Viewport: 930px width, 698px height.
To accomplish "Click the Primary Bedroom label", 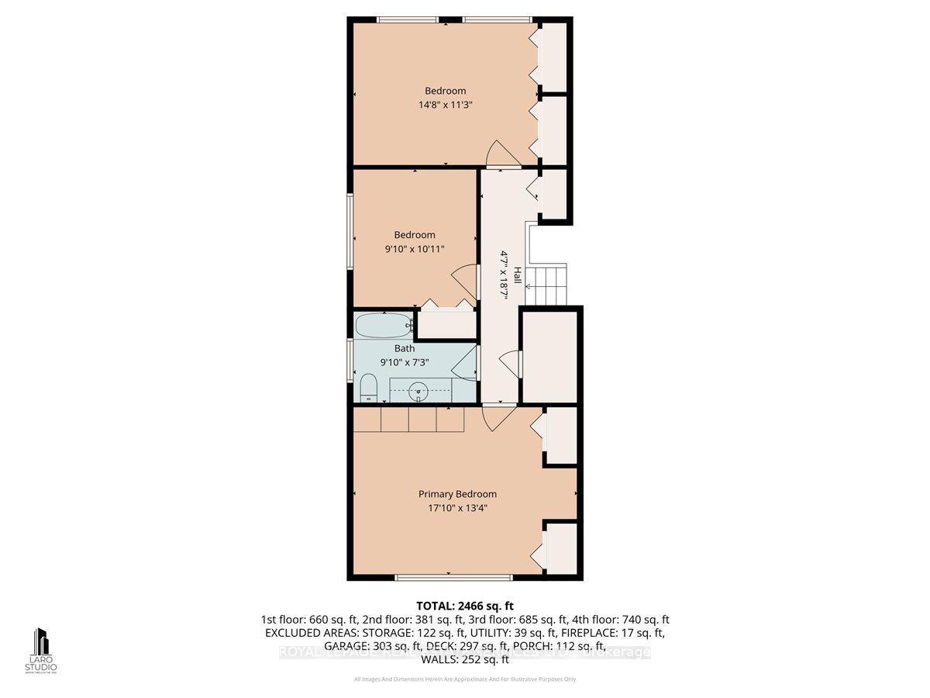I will point(457,494).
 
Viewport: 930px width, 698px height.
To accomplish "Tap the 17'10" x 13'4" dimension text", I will point(457,509).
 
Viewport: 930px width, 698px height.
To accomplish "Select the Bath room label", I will point(404,348).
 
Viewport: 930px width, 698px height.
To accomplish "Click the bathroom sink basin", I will point(419,391).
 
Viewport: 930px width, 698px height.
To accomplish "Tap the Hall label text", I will point(517,275).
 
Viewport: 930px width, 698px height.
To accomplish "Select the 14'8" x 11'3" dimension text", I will point(445,105).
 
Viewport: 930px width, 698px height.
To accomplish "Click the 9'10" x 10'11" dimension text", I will point(414,249).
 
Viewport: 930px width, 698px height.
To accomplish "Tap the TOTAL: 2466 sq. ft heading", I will point(465,606).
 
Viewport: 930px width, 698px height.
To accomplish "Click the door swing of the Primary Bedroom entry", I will point(494,420).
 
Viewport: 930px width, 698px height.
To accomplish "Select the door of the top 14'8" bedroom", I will point(495,154).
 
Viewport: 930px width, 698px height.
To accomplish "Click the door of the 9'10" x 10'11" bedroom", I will point(464,277).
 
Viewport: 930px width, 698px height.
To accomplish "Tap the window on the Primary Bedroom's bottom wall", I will point(453,577).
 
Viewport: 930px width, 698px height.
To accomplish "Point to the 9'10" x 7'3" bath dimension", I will point(404,362).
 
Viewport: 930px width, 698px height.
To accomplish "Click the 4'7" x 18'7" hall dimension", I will point(503,275).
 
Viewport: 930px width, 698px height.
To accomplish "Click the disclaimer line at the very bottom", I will point(465,680).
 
